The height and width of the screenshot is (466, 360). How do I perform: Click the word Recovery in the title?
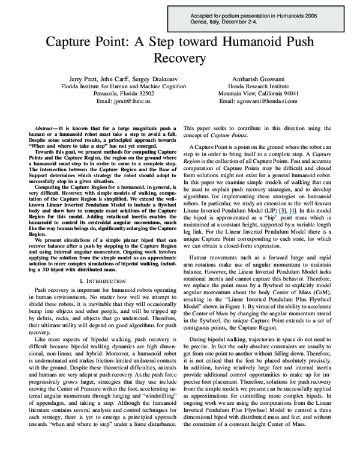coord(180,59)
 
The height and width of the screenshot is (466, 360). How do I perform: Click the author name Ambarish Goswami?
coord(258,79)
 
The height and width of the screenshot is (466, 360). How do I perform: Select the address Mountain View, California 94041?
coord(258,94)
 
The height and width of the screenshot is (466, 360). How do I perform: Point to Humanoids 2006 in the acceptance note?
coord(313,12)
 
